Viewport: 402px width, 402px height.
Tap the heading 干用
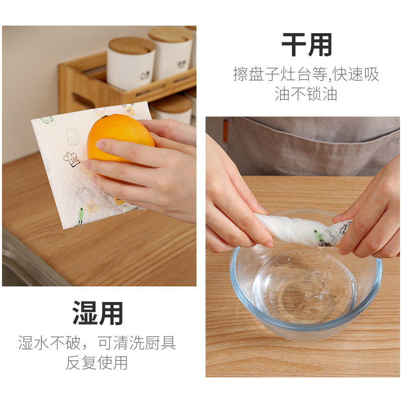pyautogui.click(x=307, y=45)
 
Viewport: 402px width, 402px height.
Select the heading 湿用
pyautogui.click(x=98, y=313)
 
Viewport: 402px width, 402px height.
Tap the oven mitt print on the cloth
pyautogui.click(x=73, y=136)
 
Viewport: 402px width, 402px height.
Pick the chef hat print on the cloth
pyautogui.click(x=71, y=159)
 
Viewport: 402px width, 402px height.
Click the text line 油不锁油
pyautogui.click(x=306, y=94)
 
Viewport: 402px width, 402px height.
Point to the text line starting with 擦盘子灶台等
pyautogui.click(x=306, y=74)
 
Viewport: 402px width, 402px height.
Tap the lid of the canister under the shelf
pyautogui.click(x=172, y=104)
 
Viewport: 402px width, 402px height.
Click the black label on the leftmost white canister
pyautogui.click(x=145, y=75)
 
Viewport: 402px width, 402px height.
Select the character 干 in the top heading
pyautogui.click(x=293, y=45)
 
